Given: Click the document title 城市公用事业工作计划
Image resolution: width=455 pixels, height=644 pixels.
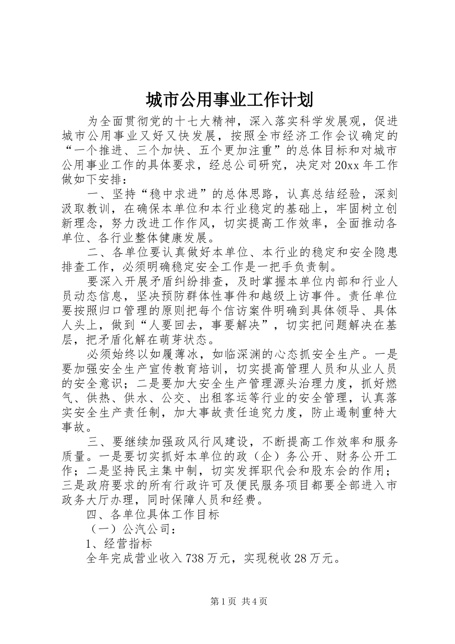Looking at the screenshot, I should [229, 100].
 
